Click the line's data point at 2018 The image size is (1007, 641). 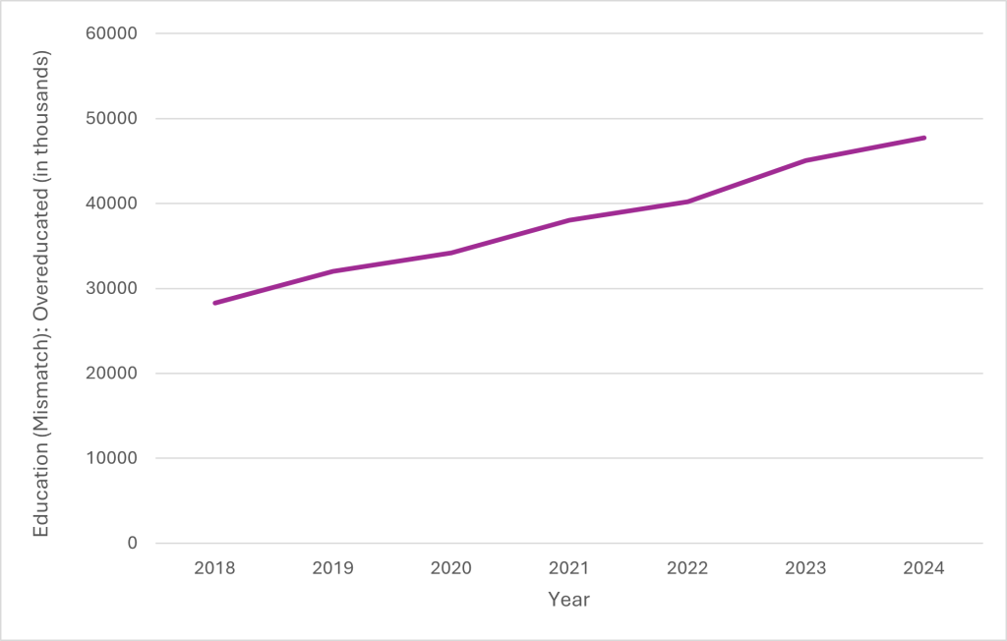coord(215,303)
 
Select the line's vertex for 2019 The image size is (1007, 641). coord(333,271)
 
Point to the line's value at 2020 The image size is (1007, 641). coord(451,253)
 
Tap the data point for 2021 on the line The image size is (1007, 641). coord(569,220)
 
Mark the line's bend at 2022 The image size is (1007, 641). coord(687,202)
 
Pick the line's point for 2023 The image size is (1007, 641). coord(805,160)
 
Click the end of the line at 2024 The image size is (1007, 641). coord(923,138)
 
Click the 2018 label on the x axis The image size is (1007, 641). coord(215,567)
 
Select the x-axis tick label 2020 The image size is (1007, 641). coord(451,567)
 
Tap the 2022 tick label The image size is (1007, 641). coord(687,567)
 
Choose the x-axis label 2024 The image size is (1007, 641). coord(923,567)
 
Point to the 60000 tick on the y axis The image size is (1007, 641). coord(113,34)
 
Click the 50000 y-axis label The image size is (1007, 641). coord(113,119)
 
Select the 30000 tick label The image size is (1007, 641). coord(113,289)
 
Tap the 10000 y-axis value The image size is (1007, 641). coord(113,458)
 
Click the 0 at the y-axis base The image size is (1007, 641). coord(132,544)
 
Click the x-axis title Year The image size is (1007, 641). coord(568,599)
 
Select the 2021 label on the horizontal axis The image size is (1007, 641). coord(569,567)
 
